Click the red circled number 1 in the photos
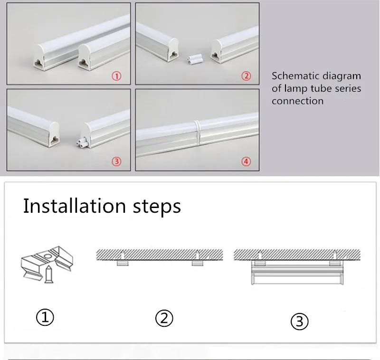click(x=116, y=76)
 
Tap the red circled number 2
click(x=246, y=76)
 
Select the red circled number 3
click(x=116, y=161)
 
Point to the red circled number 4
click(x=246, y=161)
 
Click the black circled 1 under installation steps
click(x=45, y=317)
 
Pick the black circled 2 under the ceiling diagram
click(x=164, y=318)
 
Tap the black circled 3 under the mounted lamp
click(x=300, y=322)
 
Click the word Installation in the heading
click(x=75, y=206)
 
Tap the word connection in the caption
click(x=298, y=101)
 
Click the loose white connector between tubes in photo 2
click(x=195, y=59)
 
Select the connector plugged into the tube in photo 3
click(x=82, y=142)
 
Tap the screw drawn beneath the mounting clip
click(x=49, y=274)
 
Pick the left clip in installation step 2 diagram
click(x=123, y=263)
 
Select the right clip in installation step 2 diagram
click(x=198, y=263)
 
